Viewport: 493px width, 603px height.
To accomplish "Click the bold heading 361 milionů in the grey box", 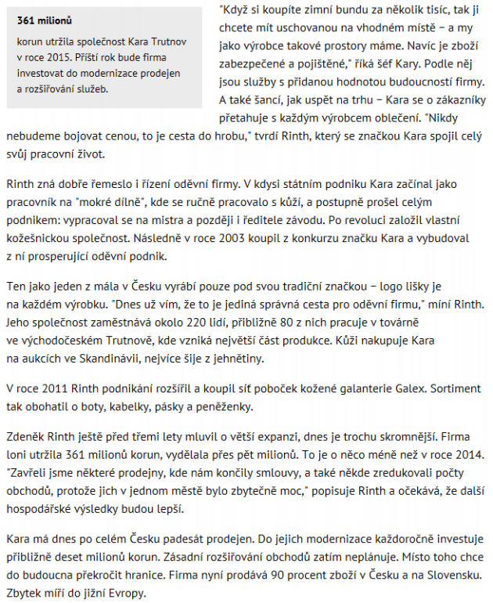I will (x=46, y=20).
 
